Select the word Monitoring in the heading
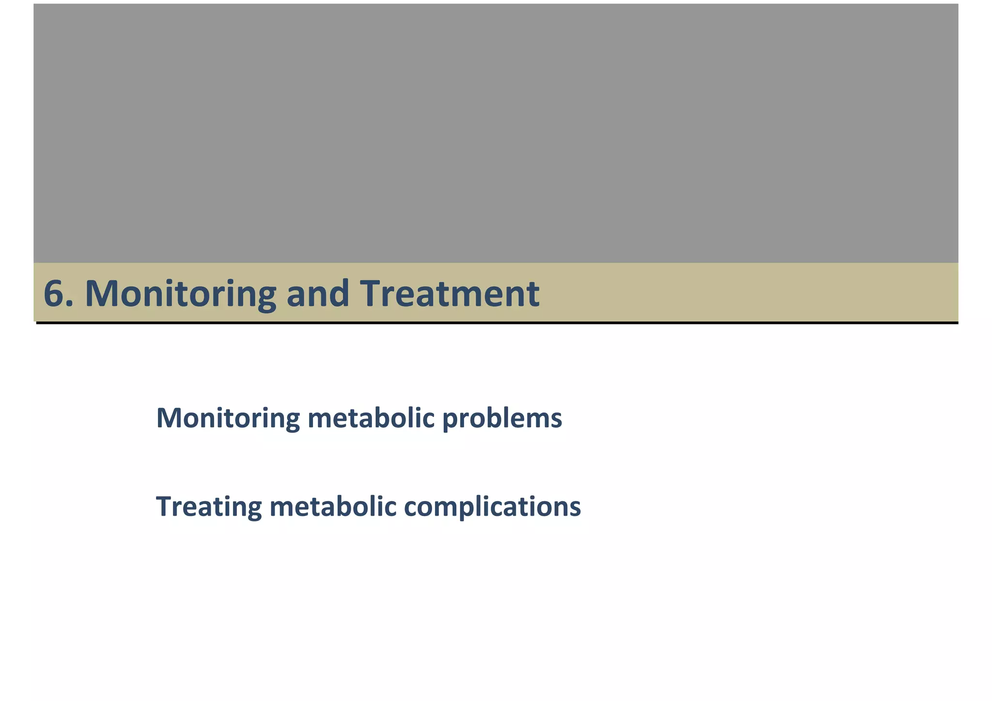180,294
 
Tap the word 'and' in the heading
317,294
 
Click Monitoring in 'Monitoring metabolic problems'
228,418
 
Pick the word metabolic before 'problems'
371,418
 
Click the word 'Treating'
209,507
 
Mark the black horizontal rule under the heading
497,322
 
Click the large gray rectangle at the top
496,133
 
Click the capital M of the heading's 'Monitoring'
101,294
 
